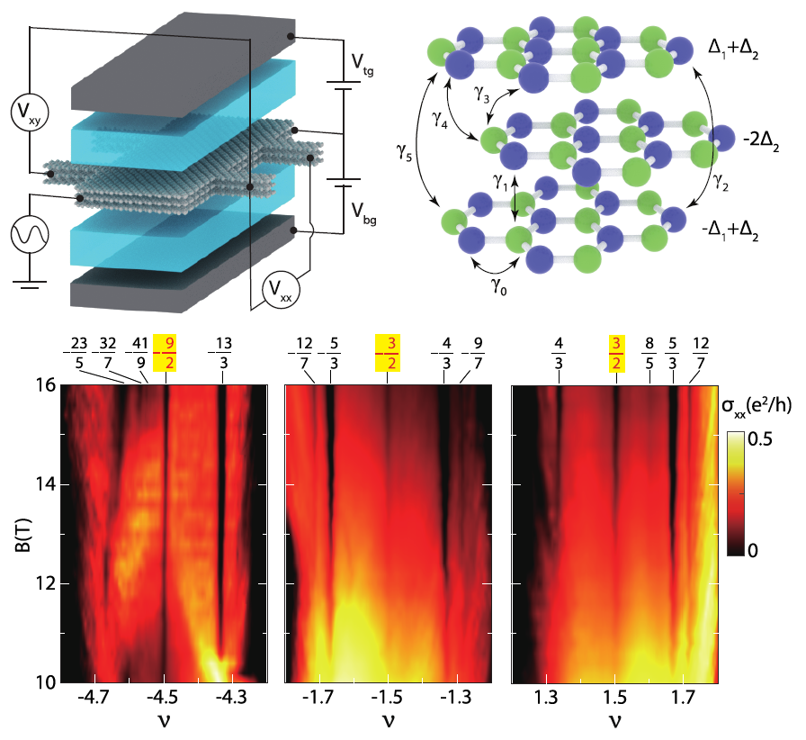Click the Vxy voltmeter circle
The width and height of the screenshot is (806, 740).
tap(30, 113)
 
